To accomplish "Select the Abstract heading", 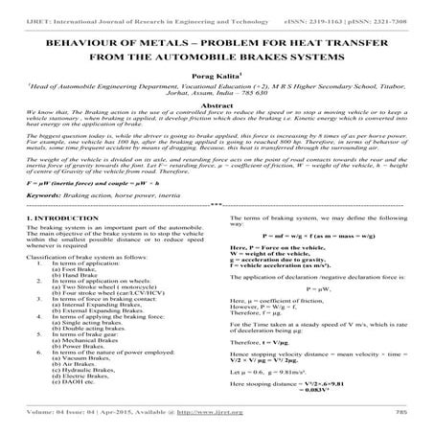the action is pos(217,125).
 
